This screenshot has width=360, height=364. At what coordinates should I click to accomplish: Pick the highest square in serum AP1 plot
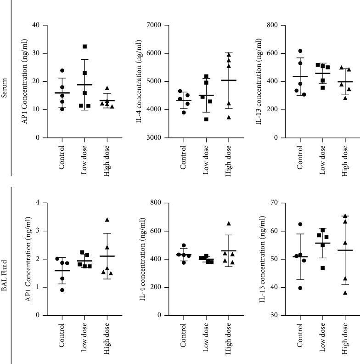[x=84, y=46]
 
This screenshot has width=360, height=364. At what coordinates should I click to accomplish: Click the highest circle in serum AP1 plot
[x=62, y=70]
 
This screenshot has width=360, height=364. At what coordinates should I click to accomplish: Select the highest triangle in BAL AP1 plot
[x=107, y=220]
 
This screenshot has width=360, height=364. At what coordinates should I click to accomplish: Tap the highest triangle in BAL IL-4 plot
[x=229, y=224]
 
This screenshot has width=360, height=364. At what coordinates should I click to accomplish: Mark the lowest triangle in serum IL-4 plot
[x=229, y=117]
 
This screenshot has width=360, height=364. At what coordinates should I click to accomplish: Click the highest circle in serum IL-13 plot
[x=301, y=51]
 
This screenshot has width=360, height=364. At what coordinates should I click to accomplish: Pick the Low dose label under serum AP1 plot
[x=84, y=159]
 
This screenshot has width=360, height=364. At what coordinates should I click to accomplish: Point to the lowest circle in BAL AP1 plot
[x=62, y=290]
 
